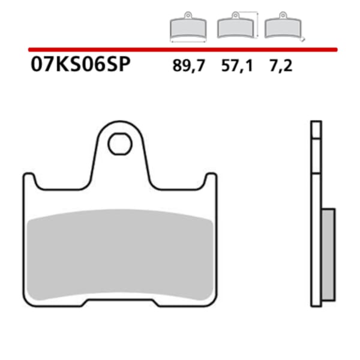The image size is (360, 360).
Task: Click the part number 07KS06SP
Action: tap(79, 65)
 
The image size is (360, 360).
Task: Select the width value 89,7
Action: tap(188, 65)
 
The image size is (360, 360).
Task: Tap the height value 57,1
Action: tap(237, 65)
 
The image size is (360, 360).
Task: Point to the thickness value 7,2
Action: tap(281, 65)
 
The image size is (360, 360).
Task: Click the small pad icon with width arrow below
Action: tap(188, 28)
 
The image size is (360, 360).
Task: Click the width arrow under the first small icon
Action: tap(188, 41)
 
